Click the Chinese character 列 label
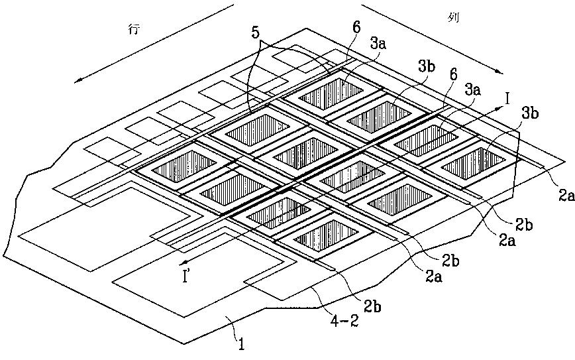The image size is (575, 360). coord(452,19)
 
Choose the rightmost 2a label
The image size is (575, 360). coord(564,196)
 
